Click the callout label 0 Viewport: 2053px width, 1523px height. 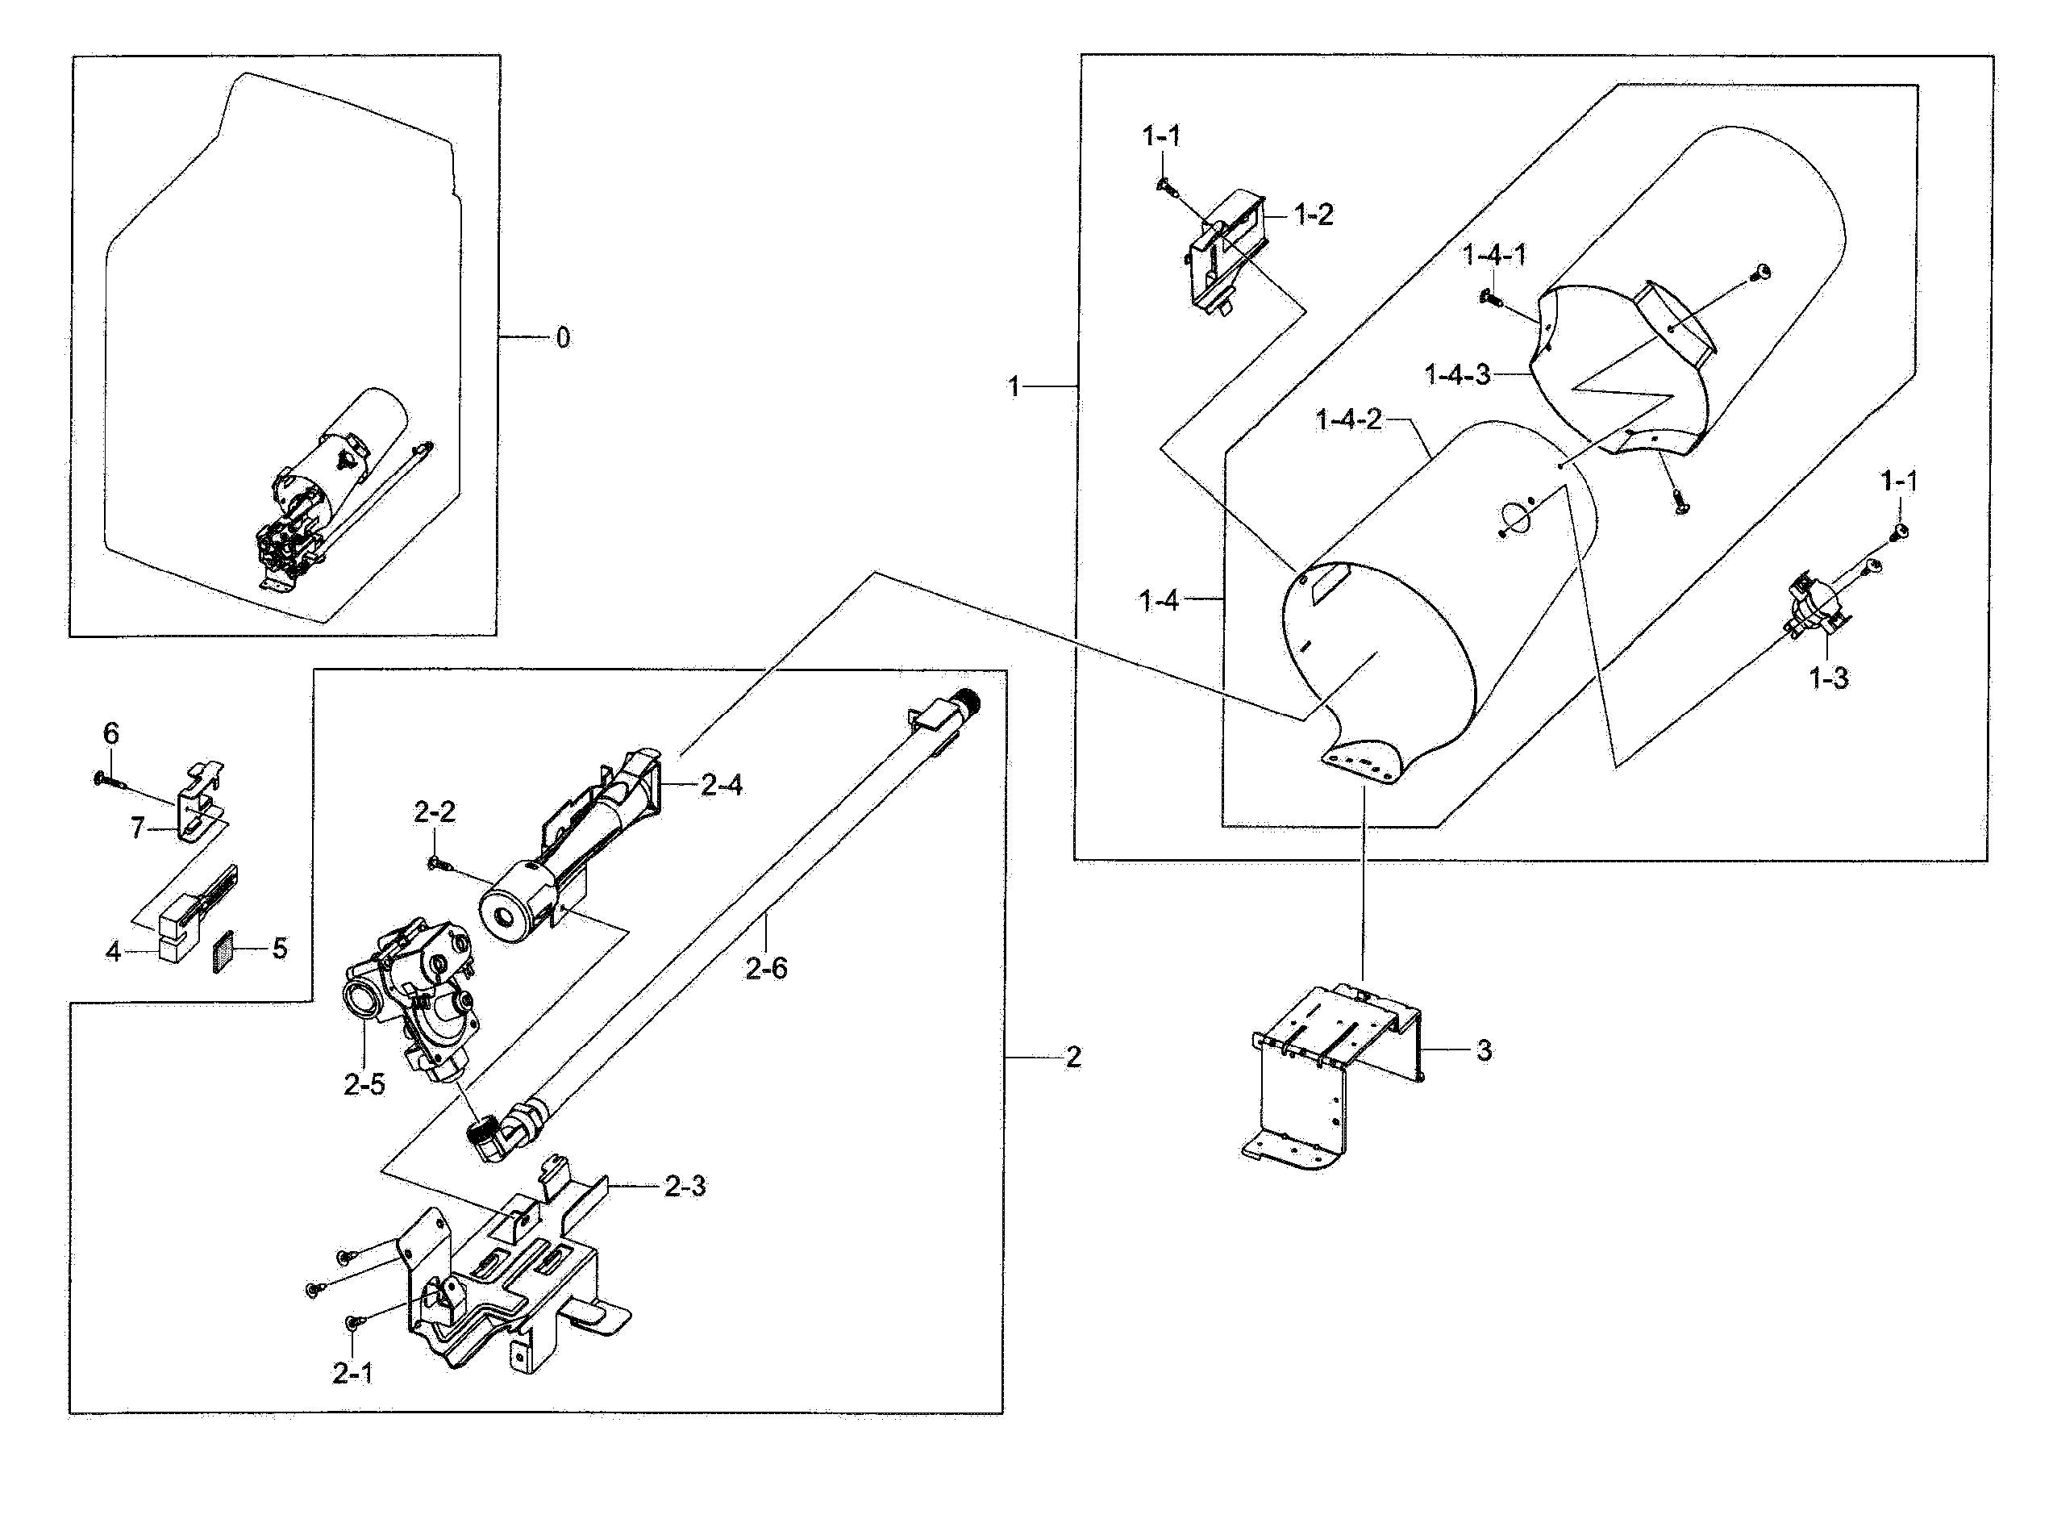coord(563,338)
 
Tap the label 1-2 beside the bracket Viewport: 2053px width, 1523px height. coord(1313,215)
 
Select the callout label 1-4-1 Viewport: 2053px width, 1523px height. coord(1493,256)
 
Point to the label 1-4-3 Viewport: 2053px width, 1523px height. coord(1457,375)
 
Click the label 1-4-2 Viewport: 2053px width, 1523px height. coord(1348,420)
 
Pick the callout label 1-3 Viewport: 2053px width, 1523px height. coord(1828,678)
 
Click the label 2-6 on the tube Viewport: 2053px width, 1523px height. coord(766,968)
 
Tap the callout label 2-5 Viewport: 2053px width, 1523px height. coord(364,1085)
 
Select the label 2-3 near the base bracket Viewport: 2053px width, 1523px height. coord(685,1187)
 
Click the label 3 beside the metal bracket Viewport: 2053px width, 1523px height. coord(1484,1050)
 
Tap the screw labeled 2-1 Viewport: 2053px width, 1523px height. coord(351,1324)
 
